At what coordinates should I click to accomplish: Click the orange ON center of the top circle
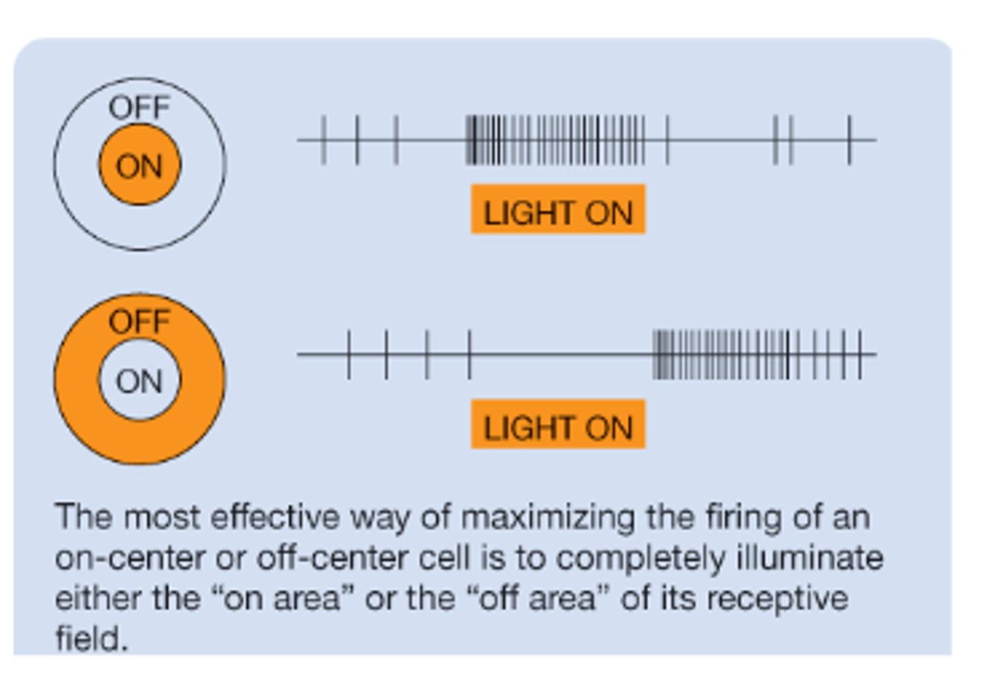[x=140, y=165]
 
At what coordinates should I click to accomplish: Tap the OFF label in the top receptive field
[x=140, y=108]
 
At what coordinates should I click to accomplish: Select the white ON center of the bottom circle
[x=140, y=380]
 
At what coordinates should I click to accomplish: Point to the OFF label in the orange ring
[x=140, y=322]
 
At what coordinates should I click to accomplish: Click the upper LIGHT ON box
[x=558, y=210]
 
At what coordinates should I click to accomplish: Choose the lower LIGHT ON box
[x=558, y=425]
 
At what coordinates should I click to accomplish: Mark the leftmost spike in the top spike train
[x=323, y=140]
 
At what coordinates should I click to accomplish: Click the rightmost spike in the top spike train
[x=849, y=140]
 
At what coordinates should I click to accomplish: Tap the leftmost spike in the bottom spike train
[x=349, y=354]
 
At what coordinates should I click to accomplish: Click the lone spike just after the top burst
[x=667, y=140]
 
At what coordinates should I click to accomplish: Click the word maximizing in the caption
[x=547, y=518]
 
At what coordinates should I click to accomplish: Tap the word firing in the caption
[x=745, y=518]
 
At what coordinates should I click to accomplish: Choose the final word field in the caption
[x=90, y=639]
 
